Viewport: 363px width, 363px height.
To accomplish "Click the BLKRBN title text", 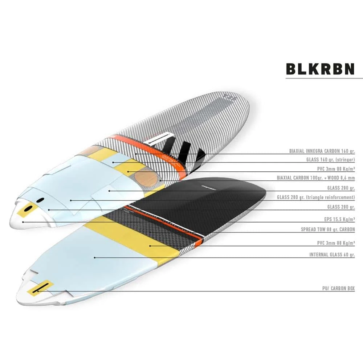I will (x=320, y=69).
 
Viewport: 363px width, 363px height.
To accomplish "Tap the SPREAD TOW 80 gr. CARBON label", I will (x=328, y=229).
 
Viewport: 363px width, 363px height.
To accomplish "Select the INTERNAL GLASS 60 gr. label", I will (x=332, y=255).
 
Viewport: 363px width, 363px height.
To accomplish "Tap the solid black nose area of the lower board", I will (x=218, y=196).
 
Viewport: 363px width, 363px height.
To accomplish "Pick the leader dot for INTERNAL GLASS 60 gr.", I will (x=95, y=257).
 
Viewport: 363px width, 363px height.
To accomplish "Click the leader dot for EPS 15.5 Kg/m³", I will (x=23, y=221).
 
